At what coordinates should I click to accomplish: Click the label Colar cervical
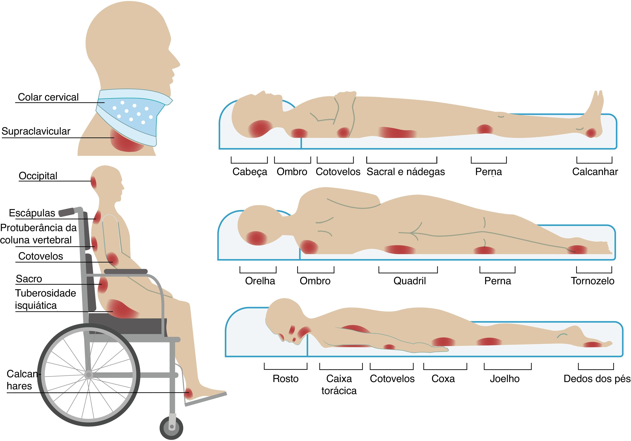coord(48,97)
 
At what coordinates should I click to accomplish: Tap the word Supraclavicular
coord(36,131)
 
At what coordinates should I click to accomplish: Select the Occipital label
coord(38,176)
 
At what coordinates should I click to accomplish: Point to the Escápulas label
coord(32,213)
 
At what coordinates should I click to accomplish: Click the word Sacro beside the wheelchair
coord(29,279)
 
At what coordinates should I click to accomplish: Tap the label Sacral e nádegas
coord(406,171)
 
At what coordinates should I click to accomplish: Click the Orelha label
coord(260,281)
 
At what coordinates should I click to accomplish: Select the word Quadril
coord(410,281)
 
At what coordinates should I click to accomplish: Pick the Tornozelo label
coord(593,281)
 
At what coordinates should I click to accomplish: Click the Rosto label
coord(286,379)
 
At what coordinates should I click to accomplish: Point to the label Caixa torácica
coord(339,384)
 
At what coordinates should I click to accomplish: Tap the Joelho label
coord(505,379)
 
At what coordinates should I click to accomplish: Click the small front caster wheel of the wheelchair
coord(171,428)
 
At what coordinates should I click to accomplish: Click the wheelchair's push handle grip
coord(66,212)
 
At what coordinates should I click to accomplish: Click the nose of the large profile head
coord(177,63)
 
